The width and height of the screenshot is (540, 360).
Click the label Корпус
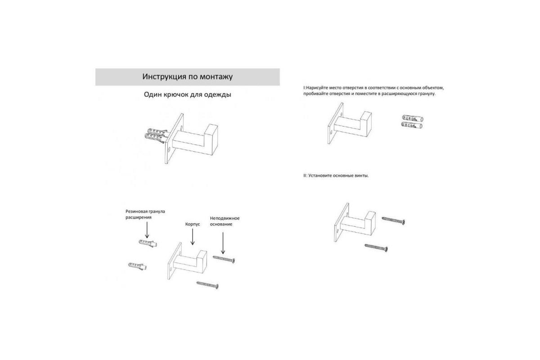click(193, 224)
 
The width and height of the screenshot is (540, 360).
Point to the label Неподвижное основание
click(225, 221)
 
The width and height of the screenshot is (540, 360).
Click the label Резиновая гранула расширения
click(145, 214)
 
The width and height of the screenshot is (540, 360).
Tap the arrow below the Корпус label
click(193, 237)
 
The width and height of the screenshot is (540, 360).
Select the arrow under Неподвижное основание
click(223, 243)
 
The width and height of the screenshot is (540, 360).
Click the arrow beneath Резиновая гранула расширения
click(147, 230)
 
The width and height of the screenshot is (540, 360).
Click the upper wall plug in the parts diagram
click(148, 243)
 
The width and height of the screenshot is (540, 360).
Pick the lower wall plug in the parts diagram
click(137, 266)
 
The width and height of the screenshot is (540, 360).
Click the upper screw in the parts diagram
click(224, 259)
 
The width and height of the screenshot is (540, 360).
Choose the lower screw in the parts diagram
click(207, 285)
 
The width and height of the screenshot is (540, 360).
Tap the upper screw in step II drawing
click(393, 220)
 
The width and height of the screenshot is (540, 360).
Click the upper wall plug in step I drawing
click(413, 118)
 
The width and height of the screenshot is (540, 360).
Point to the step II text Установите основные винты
click(338, 175)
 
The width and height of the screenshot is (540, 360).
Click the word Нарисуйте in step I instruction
click(317, 88)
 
